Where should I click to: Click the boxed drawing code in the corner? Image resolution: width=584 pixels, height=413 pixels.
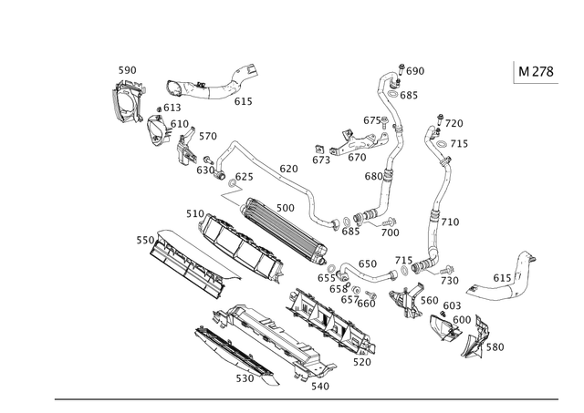click(x=535, y=71)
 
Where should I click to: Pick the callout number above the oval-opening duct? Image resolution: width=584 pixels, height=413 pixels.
click(x=127, y=69)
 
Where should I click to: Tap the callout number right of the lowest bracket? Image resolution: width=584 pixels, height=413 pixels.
click(x=497, y=346)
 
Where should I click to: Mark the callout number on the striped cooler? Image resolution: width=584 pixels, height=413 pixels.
click(x=286, y=207)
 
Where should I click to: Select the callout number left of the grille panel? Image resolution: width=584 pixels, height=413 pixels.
click(x=141, y=241)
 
